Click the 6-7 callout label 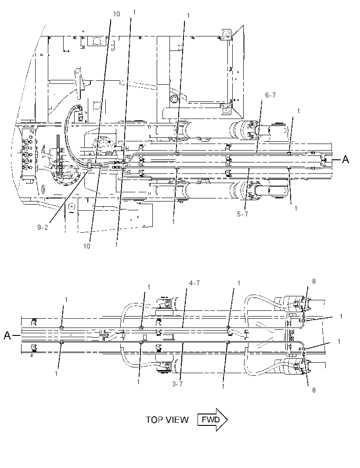270,95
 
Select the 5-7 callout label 242,214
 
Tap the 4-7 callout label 194,283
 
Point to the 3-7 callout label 177,384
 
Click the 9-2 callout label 43,227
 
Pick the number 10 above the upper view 116,14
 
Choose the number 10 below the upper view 86,246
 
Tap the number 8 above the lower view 314,281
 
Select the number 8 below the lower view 314,390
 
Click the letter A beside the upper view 346,160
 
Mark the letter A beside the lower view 7,336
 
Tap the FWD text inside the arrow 210,420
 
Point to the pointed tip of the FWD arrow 227,420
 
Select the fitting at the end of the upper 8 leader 303,317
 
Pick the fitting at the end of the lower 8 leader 303,354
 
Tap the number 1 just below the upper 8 341,317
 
